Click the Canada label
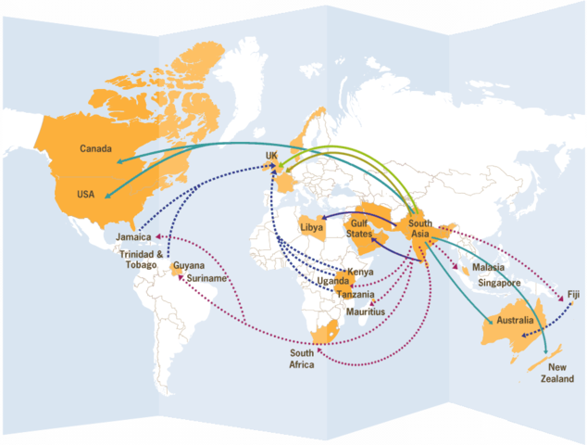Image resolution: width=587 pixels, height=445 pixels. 96,149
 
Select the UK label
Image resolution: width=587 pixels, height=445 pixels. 271,156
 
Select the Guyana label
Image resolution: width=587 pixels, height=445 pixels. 189,265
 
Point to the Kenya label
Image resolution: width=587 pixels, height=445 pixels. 360,272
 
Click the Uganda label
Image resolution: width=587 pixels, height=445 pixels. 333,281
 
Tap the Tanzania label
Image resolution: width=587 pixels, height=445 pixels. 356,294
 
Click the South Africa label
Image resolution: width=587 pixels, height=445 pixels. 302,359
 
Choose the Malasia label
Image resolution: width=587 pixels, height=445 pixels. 487,267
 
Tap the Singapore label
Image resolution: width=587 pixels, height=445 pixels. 501,282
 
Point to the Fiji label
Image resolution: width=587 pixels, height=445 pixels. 573,296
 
